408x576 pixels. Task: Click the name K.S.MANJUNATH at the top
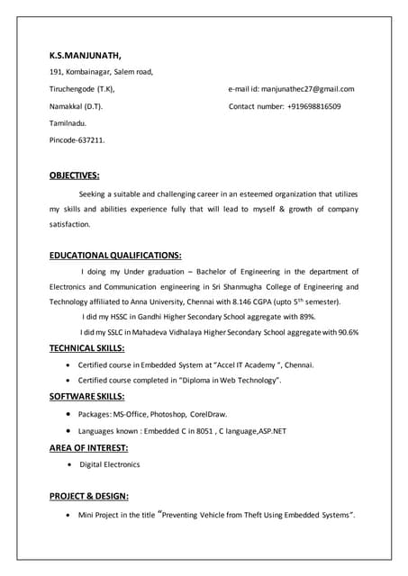pos(86,55)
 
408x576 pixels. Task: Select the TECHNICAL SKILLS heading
pos(86,346)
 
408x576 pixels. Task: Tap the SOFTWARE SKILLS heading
pos(86,396)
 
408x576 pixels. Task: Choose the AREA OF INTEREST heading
pos(88,446)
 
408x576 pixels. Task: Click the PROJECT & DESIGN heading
pos(88,496)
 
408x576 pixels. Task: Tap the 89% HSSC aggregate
pos(306,317)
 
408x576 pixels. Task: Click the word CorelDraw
pos(208,414)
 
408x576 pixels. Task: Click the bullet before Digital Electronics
pos(70,464)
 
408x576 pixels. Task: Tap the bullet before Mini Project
pos(70,516)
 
